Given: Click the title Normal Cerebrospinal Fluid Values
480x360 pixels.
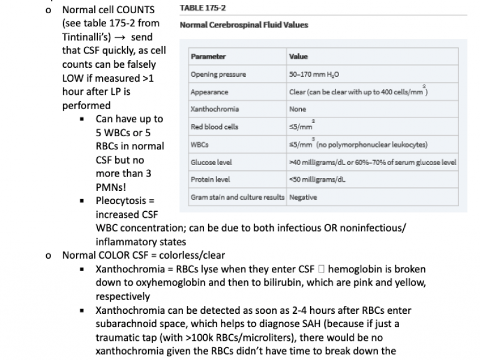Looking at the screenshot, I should (x=244, y=25).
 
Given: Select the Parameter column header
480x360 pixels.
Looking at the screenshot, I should (x=208, y=57).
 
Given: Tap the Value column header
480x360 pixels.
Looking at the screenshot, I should (x=298, y=57).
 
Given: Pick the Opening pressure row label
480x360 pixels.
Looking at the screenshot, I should (x=218, y=74).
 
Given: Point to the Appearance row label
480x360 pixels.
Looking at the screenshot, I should (x=209, y=92).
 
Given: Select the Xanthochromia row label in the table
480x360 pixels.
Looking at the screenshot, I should (x=214, y=110).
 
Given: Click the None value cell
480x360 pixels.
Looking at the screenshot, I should (x=297, y=110).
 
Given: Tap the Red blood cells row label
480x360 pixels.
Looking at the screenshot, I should (x=213, y=127).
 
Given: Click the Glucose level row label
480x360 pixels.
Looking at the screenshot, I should (x=211, y=162).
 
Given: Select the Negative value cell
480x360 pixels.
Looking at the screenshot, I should (x=302, y=197).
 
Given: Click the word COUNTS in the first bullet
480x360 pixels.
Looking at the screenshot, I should (x=136, y=11).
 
